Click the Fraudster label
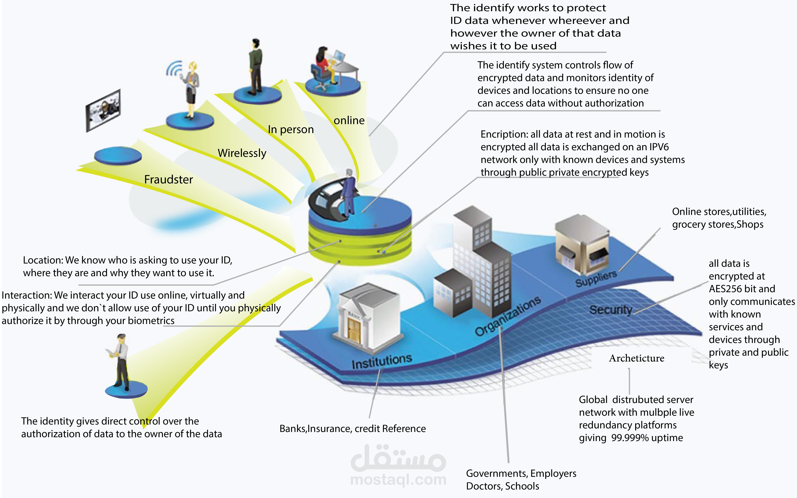click(x=168, y=180)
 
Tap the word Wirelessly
click(x=242, y=153)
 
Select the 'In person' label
click(x=291, y=130)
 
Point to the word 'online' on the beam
click(x=349, y=121)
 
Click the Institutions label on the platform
click(x=381, y=362)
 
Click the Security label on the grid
click(x=611, y=310)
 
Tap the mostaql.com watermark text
click(x=398, y=480)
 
